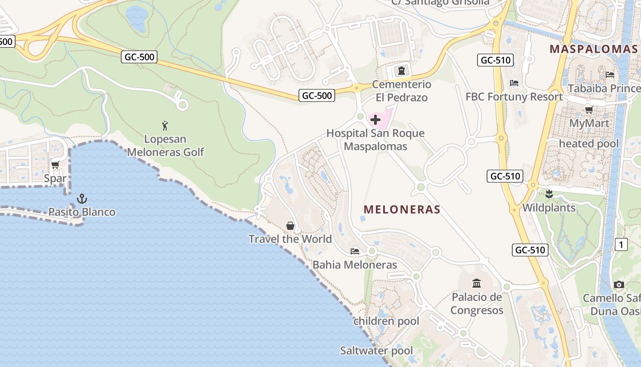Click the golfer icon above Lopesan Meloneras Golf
tap(165, 125)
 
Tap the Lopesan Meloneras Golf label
tap(165, 145)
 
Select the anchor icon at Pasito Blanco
tap(82, 199)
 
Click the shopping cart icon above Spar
tap(55, 165)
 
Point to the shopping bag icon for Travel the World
tap(290, 225)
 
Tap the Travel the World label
tap(290, 239)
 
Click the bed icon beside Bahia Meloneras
tap(355, 251)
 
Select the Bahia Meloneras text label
tap(355, 265)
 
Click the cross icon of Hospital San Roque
tap(375, 120)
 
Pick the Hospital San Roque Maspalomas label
tap(375, 140)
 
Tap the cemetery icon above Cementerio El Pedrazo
tap(402, 71)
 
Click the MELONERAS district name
tap(402, 210)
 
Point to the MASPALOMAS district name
tap(594, 49)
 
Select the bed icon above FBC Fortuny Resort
tap(514, 83)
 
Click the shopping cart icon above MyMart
tap(589, 110)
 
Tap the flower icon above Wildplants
tap(549, 194)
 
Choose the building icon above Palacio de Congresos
tap(477, 283)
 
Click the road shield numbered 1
tap(621, 245)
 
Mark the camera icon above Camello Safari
tap(619, 285)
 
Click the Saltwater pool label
tap(376, 351)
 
